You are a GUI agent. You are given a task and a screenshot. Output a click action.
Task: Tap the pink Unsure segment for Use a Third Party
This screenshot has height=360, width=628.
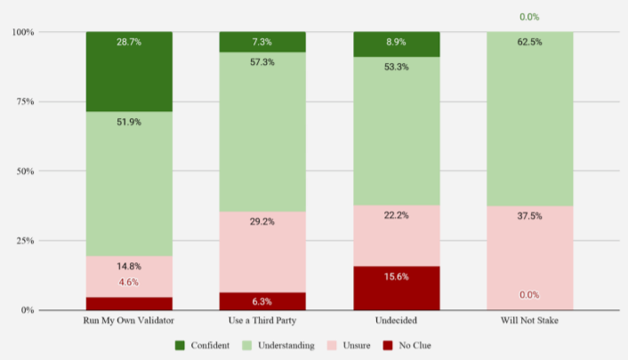[262, 252]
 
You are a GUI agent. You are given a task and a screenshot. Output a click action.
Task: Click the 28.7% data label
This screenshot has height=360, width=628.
[129, 42]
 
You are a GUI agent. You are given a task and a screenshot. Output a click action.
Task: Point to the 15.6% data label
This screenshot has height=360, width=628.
[396, 277]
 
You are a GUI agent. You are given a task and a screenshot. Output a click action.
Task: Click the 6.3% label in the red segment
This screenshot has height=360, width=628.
[262, 301]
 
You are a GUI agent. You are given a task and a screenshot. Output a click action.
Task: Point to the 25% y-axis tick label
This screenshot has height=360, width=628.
[25, 241]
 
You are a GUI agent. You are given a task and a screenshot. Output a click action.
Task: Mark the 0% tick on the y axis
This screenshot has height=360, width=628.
[28, 310]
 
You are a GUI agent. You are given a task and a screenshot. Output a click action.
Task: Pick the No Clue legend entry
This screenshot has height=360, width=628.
[412, 346]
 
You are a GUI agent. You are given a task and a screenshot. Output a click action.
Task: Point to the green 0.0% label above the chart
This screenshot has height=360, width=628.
[529, 17]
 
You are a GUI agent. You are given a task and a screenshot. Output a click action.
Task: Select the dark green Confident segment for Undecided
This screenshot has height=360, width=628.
[396, 44]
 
